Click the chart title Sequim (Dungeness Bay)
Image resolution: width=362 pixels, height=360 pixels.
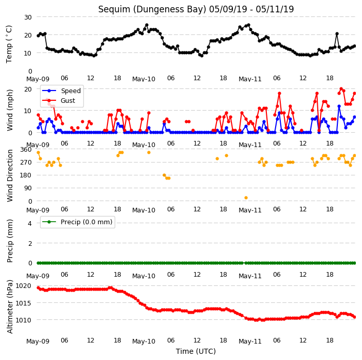tap(152, 9)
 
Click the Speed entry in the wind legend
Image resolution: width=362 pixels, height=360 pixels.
tap(61, 91)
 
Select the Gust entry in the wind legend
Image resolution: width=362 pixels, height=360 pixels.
tap(59, 101)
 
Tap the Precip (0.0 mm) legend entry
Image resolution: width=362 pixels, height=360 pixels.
tap(77, 222)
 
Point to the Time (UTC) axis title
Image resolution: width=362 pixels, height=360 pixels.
tap(196, 351)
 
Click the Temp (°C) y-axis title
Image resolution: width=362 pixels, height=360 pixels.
tap(9, 44)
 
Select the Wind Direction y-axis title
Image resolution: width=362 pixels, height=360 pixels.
tap(10, 175)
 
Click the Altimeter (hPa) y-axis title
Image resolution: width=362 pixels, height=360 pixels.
tap(10, 307)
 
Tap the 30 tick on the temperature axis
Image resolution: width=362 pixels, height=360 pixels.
tap(28, 17)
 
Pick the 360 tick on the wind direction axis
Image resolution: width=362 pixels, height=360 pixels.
tap(26, 150)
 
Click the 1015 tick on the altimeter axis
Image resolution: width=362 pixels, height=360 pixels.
tap(23, 303)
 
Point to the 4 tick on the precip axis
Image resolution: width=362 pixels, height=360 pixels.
tap(30, 223)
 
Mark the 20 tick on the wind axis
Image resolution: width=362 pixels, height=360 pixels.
tap(28, 89)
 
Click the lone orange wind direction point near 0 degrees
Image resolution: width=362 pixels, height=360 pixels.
tap(246, 197)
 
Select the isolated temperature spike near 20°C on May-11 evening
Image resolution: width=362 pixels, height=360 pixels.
tap(337, 34)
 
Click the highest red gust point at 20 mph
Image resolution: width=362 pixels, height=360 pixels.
tap(341, 89)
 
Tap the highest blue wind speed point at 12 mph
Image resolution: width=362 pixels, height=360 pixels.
tap(339, 106)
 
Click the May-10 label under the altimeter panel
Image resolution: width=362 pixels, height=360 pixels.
tap(143, 341)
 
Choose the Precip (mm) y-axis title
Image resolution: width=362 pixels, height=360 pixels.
tap(10, 241)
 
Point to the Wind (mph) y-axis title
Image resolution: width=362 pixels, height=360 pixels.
tap(10, 110)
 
